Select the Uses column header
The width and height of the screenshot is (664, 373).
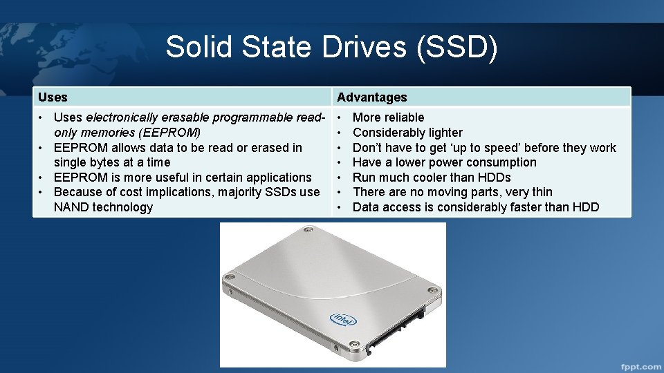[x=53, y=97]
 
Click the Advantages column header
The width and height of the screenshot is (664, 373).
[x=371, y=97]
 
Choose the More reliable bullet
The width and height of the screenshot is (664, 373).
[x=388, y=117]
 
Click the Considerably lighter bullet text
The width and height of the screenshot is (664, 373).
[x=407, y=133]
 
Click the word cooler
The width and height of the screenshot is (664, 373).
[x=434, y=178]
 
